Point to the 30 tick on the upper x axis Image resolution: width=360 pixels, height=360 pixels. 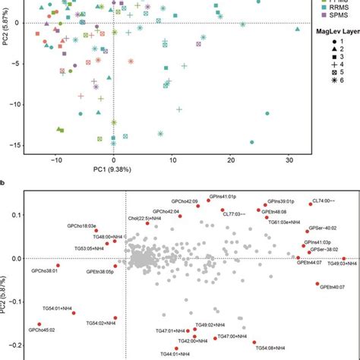pos(288,160)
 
